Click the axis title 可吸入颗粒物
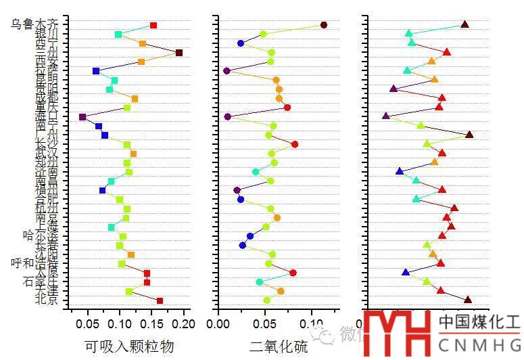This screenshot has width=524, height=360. coord(129,347)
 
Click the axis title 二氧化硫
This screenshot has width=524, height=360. coord(278,347)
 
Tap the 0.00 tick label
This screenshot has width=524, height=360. coord(218,323)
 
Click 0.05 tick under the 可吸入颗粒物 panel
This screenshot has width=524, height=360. coord(88,323)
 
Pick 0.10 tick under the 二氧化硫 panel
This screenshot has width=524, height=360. coord(312,323)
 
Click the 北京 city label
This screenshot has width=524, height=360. coord(47,300)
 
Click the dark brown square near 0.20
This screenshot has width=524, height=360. coord(179,53)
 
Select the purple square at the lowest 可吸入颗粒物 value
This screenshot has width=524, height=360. coord(82,117)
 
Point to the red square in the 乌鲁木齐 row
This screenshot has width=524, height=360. coord(153,25)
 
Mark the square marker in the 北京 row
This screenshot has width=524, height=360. coord(160,300)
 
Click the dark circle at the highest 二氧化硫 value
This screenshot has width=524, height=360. coord(324,25)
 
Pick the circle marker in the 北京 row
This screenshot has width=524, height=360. coord(266,300)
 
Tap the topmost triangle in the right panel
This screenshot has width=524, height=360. coord(465,24)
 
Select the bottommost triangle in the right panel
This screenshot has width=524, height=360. coord(467,299)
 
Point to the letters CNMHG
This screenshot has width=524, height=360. coord(479,342)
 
